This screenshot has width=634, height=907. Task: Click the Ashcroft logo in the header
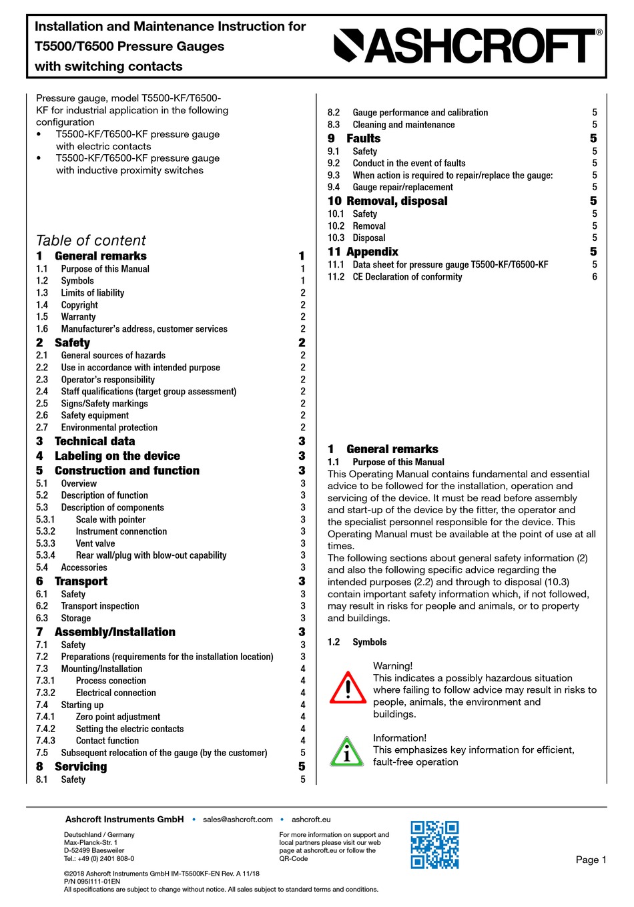467,46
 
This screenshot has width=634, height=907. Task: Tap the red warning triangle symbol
348,688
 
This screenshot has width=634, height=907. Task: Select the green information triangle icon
347,751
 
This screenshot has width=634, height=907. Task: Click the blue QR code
434,844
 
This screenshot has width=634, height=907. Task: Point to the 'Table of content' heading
91,240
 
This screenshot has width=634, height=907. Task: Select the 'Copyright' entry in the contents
79,305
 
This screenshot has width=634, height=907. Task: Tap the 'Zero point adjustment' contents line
118,717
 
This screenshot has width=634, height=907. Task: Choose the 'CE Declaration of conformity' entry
407,277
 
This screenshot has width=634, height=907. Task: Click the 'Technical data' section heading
95,441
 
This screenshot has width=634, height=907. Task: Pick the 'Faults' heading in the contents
364,138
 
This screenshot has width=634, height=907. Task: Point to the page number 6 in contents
595,277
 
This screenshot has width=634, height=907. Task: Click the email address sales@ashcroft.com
238,820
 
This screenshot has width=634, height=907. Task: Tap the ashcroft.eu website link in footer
311,820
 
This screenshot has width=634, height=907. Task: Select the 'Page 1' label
591,860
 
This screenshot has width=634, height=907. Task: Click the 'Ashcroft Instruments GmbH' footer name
124,820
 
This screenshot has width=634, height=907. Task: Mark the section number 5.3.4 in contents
45,555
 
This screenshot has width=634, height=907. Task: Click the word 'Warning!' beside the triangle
392,665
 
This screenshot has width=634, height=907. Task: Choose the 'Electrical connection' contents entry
116,693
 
